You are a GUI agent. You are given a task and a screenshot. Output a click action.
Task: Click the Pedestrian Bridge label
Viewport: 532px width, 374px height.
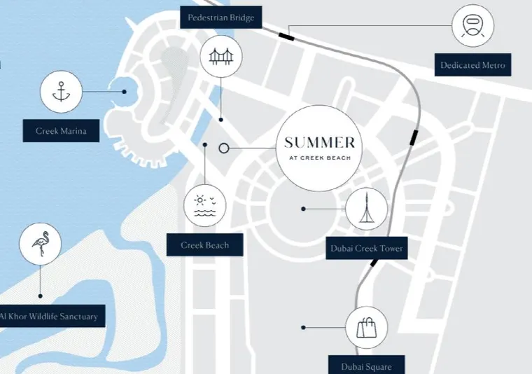pos(221,18)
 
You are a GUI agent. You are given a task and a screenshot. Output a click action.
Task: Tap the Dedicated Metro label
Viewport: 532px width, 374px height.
pos(472,65)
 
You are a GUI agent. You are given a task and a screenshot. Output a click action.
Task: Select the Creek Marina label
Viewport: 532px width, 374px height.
pos(61,131)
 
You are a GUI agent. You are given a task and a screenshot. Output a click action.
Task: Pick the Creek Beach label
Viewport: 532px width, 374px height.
pos(204,244)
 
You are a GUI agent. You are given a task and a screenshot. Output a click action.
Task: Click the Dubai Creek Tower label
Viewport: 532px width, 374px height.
pos(366,248)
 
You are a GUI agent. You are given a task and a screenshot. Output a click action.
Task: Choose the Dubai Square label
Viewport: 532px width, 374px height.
pos(366,366)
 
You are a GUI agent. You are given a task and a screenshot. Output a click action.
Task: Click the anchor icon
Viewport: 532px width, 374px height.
pos(61,92)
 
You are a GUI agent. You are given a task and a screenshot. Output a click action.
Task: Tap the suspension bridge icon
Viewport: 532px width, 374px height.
pos(221,56)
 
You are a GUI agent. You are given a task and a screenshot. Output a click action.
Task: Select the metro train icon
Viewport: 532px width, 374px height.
pos(472,26)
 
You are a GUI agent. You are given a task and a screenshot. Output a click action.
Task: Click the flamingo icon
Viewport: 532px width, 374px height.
pos(41,244)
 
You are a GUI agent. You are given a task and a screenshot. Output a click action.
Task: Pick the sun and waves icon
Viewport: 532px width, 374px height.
pos(204,206)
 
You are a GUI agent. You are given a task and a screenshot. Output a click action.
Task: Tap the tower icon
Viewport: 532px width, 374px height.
pos(366,207)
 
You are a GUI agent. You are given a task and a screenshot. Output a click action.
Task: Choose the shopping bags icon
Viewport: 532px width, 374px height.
pos(366,328)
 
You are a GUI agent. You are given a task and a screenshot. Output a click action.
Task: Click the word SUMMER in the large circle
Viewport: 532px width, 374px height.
pos(319,143)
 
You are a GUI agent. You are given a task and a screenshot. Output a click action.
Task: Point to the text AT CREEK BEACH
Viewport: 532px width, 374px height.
pos(320,158)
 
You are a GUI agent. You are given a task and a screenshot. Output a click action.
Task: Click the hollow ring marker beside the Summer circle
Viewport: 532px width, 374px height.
pos(223,148)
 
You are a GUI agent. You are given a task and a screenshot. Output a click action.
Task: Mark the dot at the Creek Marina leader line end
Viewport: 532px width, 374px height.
pos(124,92)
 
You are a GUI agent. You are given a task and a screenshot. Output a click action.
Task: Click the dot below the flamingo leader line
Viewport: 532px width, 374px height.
pos(41,296)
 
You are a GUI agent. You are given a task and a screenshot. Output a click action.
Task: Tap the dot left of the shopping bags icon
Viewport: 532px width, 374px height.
pos(303,328)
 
